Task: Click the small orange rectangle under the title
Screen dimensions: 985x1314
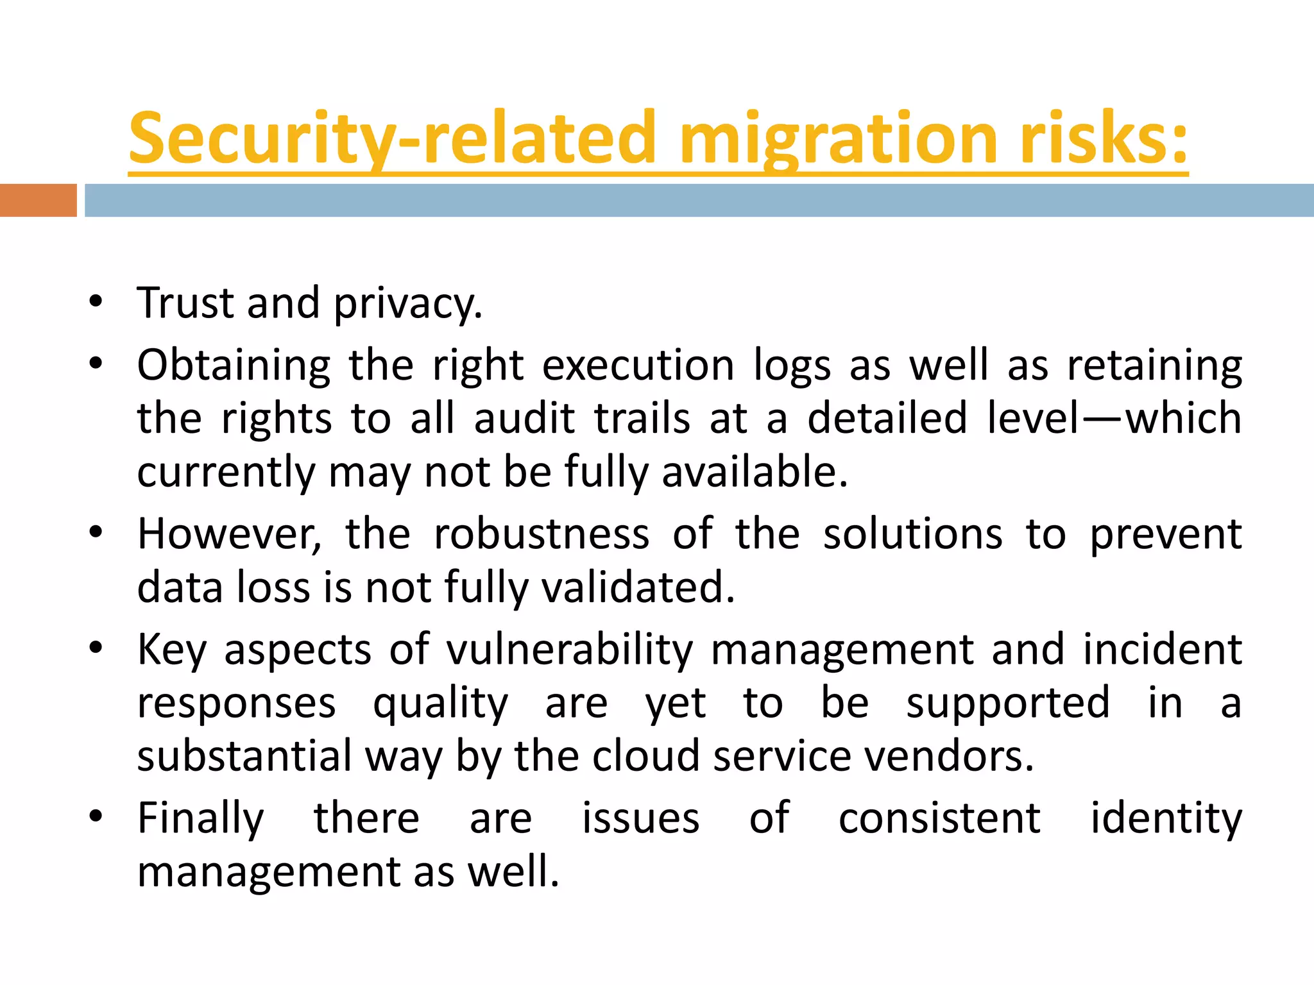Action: pos(38,200)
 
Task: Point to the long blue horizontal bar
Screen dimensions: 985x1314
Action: pos(699,200)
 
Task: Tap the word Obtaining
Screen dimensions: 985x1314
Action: pos(234,366)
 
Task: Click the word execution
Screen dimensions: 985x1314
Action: pos(638,366)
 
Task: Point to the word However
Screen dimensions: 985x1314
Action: pos(228,534)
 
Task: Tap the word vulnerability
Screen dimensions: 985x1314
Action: pos(570,650)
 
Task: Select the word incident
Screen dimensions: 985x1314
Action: pos(1163,650)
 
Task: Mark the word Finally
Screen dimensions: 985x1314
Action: pos(201,819)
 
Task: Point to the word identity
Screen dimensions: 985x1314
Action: pos(1166,819)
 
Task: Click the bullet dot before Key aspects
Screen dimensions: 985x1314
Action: pos(96,648)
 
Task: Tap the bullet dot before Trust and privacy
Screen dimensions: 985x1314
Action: pos(96,301)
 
